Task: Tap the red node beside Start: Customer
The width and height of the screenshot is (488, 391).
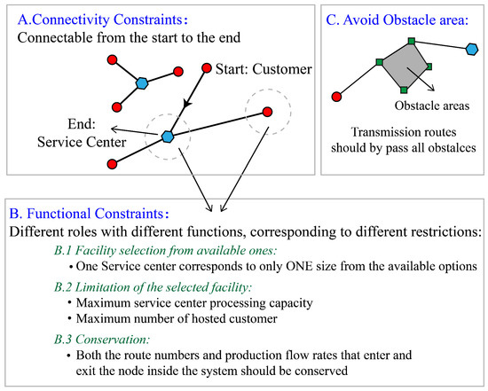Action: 208,66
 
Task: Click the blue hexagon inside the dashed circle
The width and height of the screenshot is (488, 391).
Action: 167,137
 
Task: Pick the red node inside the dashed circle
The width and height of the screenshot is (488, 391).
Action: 265,112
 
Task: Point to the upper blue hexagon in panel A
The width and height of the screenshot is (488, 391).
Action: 141,83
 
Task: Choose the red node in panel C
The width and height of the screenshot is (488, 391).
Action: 336,95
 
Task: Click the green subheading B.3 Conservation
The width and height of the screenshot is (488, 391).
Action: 100,338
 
